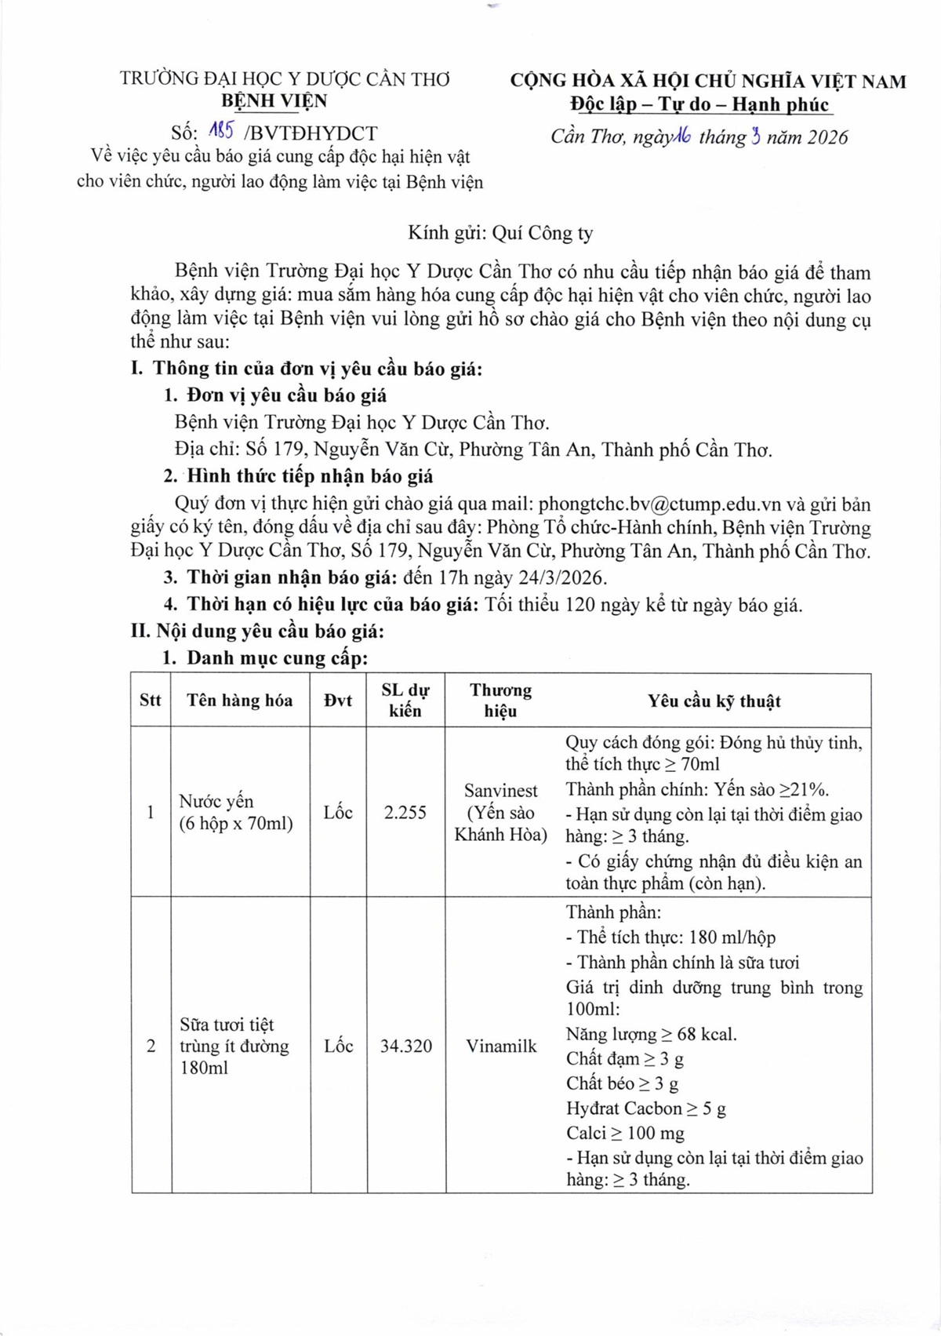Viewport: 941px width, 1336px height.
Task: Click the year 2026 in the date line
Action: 828,137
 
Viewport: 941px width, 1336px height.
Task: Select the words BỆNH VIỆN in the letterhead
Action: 274,100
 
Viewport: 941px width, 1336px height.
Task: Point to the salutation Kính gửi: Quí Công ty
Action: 500,233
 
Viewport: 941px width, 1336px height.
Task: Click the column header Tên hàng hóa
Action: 239,701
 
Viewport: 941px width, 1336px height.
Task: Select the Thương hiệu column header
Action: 500,700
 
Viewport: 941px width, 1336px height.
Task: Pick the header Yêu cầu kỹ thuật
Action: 714,701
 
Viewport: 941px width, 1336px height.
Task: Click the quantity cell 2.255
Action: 405,812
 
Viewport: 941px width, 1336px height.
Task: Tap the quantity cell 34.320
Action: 405,1046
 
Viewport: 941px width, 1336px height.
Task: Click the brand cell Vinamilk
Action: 501,1046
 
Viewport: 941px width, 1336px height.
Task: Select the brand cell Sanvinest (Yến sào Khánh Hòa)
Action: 501,812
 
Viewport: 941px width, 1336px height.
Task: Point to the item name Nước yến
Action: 216,801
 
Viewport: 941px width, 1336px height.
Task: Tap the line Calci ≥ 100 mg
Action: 625,1133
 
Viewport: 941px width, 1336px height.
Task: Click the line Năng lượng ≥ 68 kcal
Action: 651,1034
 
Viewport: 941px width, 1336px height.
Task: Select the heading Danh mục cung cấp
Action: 276,657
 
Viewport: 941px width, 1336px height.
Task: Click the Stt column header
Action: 150,701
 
